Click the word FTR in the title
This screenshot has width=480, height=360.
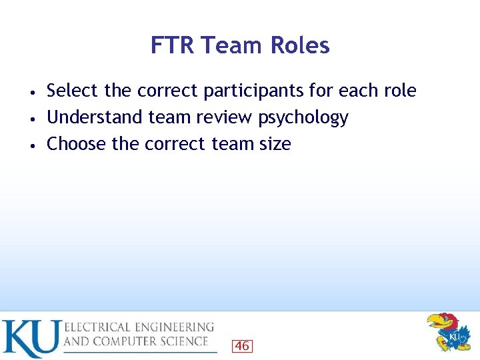point(172,45)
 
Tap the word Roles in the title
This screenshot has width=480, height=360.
point(299,45)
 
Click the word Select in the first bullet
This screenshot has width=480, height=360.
point(72,90)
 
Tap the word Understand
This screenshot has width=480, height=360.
point(95,117)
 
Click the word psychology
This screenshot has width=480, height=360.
point(303,118)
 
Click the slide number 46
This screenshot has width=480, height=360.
point(242,345)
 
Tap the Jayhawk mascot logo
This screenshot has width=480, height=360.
point(450,331)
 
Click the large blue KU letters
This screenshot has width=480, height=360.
point(31,338)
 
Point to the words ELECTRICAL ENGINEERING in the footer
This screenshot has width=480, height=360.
point(139,327)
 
